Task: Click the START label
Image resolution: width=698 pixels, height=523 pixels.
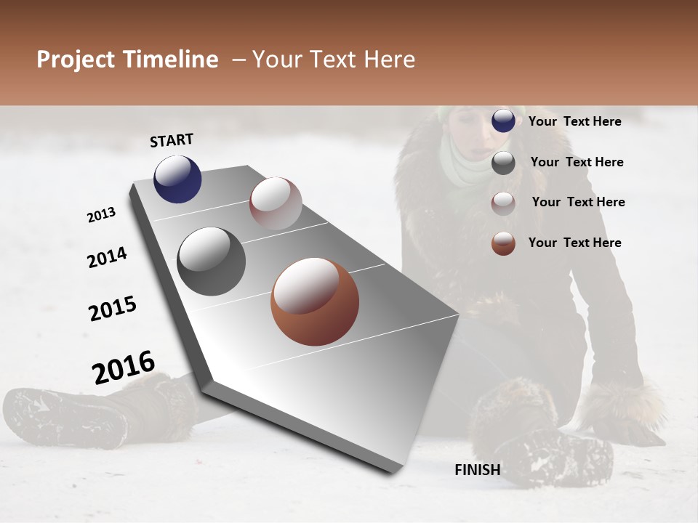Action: tap(172, 140)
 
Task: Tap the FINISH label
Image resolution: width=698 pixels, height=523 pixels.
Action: tap(477, 470)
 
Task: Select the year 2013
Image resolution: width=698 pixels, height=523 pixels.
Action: tap(101, 215)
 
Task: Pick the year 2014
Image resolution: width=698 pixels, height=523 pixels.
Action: tap(107, 258)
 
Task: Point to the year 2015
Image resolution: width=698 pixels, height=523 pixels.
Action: tap(113, 309)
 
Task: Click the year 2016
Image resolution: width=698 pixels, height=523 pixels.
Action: tap(124, 368)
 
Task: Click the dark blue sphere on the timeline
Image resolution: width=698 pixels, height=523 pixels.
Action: tap(177, 179)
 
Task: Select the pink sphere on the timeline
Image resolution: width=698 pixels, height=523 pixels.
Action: tap(276, 203)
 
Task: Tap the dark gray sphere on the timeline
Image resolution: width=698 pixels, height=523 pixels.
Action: tap(212, 261)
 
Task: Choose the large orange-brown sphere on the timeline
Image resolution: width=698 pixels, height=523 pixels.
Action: tap(315, 301)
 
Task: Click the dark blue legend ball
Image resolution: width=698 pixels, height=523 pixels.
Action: tap(503, 121)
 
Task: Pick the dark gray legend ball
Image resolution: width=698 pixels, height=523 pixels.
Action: tap(503, 163)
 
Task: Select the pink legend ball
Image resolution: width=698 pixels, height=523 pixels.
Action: tap(503, 203)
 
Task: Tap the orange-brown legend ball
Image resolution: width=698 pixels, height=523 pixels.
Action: tap(503, 243)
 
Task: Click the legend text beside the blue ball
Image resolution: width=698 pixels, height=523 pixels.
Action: tap(574, 121)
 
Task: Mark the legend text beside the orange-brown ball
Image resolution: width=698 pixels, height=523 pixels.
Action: tap(574, 243)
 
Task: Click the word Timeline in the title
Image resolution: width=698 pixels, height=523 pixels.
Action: tap(172, 60)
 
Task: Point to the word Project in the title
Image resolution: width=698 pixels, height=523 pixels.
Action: tap(76, 60)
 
